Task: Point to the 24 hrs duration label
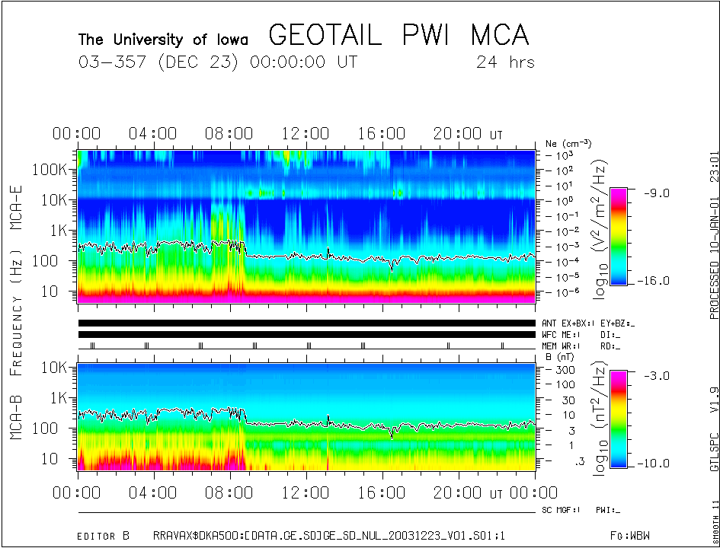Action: tap(505, 62)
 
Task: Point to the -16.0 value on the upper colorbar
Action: tap(652, 281)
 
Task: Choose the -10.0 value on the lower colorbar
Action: tap(652, 464)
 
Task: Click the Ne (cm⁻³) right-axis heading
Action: tap(568, 143)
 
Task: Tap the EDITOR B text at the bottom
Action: tap(103, 536)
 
